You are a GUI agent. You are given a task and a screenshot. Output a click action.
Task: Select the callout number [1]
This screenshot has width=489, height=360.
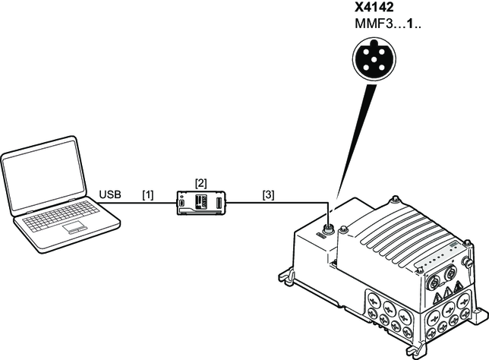147,195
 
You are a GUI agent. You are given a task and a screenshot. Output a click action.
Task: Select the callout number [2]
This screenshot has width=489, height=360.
200,183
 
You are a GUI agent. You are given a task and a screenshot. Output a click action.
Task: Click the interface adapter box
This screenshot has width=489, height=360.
200,203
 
